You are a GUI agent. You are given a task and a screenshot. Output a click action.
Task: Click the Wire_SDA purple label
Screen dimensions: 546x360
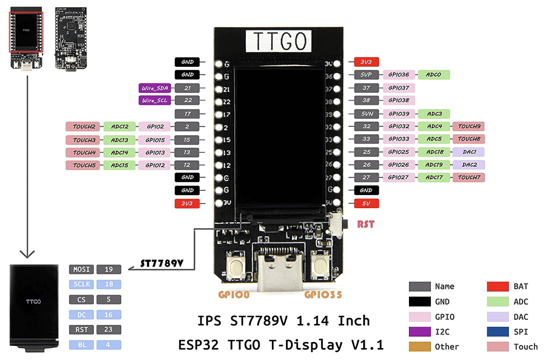tap(155, 88)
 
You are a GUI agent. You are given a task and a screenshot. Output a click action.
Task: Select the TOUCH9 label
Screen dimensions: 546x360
tap(468, 126)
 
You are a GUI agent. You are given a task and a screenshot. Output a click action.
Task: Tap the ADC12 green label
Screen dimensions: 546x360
tap(120, 127)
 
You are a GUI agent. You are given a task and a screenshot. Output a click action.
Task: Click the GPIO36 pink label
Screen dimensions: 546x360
tap(399, 75)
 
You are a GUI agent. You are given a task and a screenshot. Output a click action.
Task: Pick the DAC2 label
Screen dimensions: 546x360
tap(468, 164)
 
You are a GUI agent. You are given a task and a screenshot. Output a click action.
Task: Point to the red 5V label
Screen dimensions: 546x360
tap(366, 204)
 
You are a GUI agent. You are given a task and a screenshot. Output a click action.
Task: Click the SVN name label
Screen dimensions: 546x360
tap(366, 114)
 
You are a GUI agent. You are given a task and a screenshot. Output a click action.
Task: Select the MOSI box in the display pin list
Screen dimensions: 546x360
tap(81, 269)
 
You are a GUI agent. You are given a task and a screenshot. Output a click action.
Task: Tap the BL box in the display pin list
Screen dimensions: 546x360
tap(81, 345)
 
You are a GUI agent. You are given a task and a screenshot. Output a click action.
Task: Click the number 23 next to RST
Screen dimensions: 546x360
tap(109, 329)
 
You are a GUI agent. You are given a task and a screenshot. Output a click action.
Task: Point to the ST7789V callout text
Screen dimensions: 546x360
tap(162, 263)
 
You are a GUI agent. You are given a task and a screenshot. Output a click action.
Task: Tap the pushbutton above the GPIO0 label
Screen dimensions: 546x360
tap(236, 265)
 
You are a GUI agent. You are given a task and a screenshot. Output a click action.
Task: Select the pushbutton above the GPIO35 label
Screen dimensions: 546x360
tap(321, 265)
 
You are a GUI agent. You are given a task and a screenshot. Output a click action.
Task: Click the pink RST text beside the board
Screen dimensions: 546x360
tap(366, 224)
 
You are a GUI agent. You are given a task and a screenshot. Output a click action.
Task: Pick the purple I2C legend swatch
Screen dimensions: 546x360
tap(419, 332)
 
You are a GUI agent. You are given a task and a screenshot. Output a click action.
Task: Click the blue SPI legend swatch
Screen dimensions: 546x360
tap(498, 332)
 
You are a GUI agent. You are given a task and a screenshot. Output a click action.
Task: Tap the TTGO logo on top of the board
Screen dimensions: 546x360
tap(278, 41)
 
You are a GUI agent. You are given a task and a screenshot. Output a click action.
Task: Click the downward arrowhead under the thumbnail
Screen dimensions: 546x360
tap(27, 254)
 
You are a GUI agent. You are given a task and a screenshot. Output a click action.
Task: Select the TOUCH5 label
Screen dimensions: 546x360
tap(84, 165)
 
